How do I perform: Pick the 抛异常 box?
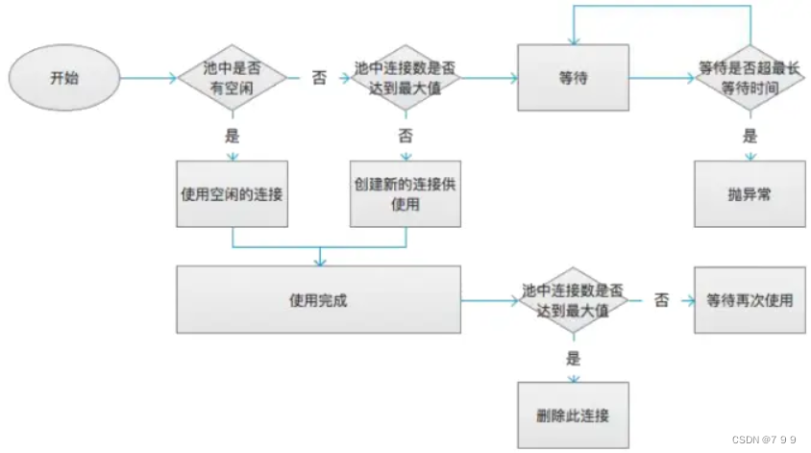coord(750,193)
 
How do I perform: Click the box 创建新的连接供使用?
coord(404,193)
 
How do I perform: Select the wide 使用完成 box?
coord(318,300)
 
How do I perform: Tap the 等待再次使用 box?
coord(750,300)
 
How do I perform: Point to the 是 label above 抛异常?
coord(750,137)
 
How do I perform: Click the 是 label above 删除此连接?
coord(574,358)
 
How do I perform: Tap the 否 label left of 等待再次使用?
coord(662,300)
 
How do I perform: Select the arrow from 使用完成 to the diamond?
coord(490,301)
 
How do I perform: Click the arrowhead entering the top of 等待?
coord(574,41)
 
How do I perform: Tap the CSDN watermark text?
coord(764,440)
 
